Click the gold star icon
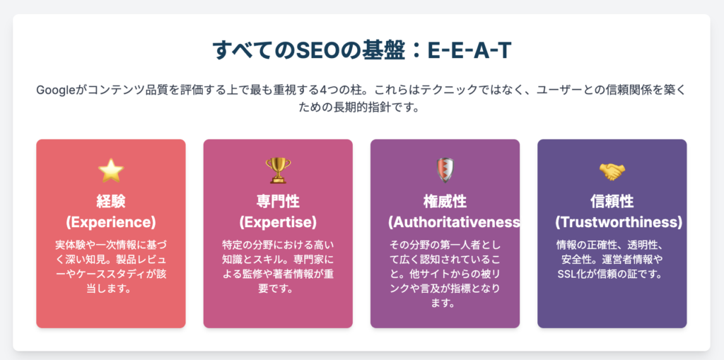point(111,170)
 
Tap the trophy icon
point(278,170)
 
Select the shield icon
point(445,170)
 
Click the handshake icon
point(612,172)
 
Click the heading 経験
point(111,202)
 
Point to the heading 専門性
point(278,202)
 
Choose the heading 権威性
point(445,202)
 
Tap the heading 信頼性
point(612,202)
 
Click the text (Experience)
point(111,222)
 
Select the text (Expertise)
point(278,222)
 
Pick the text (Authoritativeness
point(454,222)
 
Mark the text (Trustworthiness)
point(619,222)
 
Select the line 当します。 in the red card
point(111,289)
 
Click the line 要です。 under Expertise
point(278,289)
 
